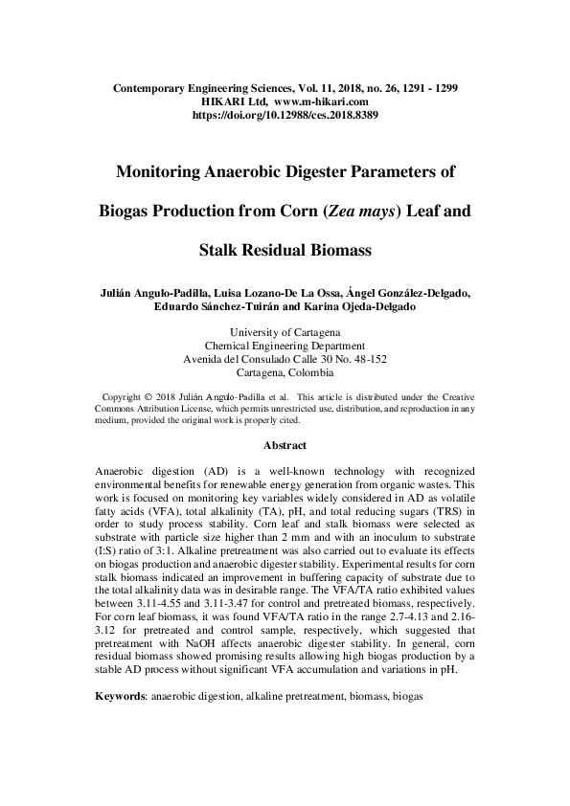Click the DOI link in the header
pyautogui.click(x=285, y=114)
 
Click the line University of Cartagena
pyautogui.click(x=285, y=332)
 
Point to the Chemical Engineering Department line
pyautogui.click(x=285, y=346)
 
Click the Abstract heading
pyautogui.click(x=285, y=445)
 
